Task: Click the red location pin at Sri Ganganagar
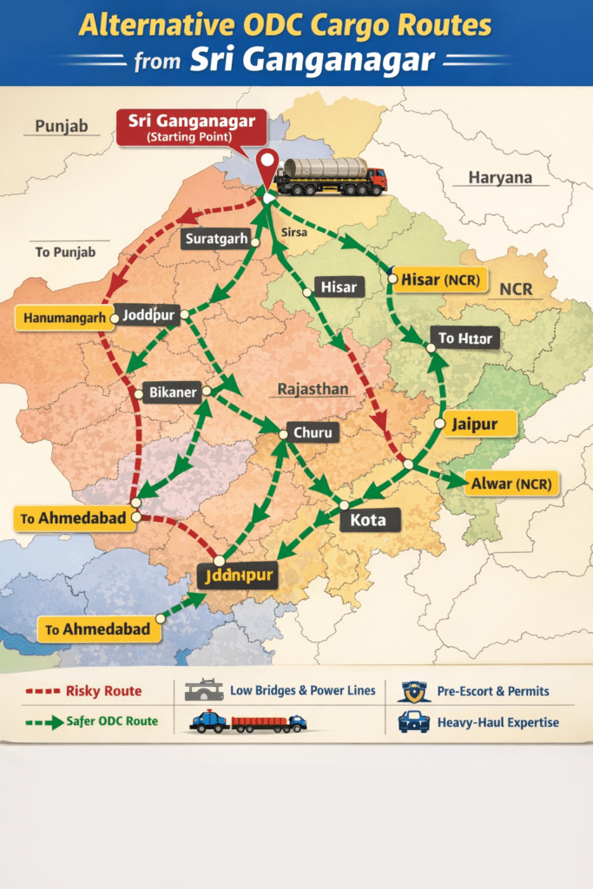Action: [268, 165]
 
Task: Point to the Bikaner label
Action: [174, 392]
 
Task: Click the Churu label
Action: [312, 431]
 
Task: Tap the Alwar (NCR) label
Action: [512, 483]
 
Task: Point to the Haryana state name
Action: [500, 178]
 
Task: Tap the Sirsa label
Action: [295, 234]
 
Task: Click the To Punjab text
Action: [65, 252]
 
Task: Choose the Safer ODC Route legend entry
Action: [103, 721]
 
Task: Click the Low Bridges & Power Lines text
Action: [303, 690]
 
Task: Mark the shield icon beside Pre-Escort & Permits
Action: [413, 691]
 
